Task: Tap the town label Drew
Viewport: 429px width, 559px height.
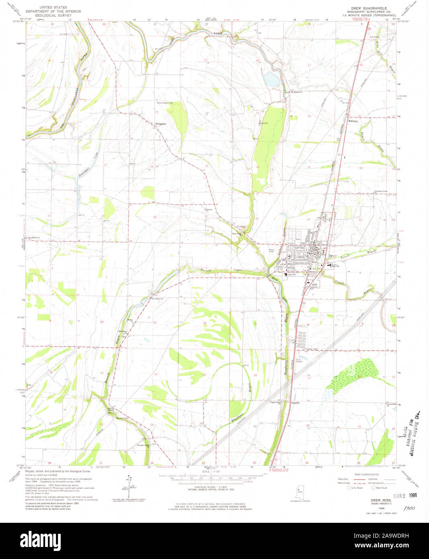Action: coord(333,256)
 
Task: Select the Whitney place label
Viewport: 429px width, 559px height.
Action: coord(353,121)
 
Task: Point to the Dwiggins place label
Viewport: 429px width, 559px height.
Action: coord(160,124)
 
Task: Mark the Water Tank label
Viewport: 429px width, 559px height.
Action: coord(312,349)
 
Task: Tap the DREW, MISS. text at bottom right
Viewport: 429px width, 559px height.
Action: coord(375,499)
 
